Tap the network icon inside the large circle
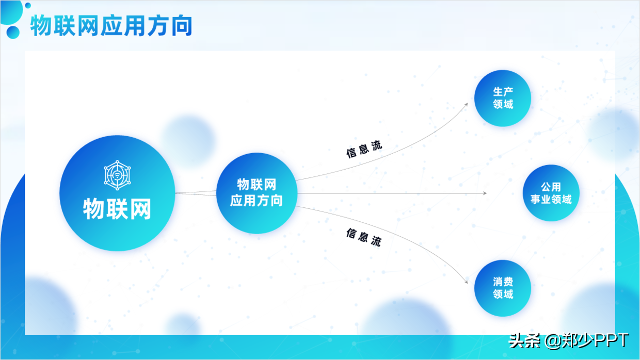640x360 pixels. [x=117, y=174]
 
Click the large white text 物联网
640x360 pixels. [x=117, y=210]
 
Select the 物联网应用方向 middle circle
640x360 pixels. [x=257, y=193]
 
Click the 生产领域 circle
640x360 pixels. [x=503, y=98]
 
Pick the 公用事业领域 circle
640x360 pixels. [x=551, y=193]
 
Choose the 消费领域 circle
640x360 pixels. [x=503, y=288]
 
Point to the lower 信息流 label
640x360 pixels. [x=364, y=237]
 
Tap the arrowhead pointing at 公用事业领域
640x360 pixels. [x=485, y=193]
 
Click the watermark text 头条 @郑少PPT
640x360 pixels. [x=568, y=340]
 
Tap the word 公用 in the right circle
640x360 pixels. [x=551, y=187]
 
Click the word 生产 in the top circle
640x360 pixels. [x=503, y=92]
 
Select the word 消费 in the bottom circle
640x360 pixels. [x=503, y=282]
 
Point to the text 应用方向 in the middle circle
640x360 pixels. [x=257, y=200]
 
